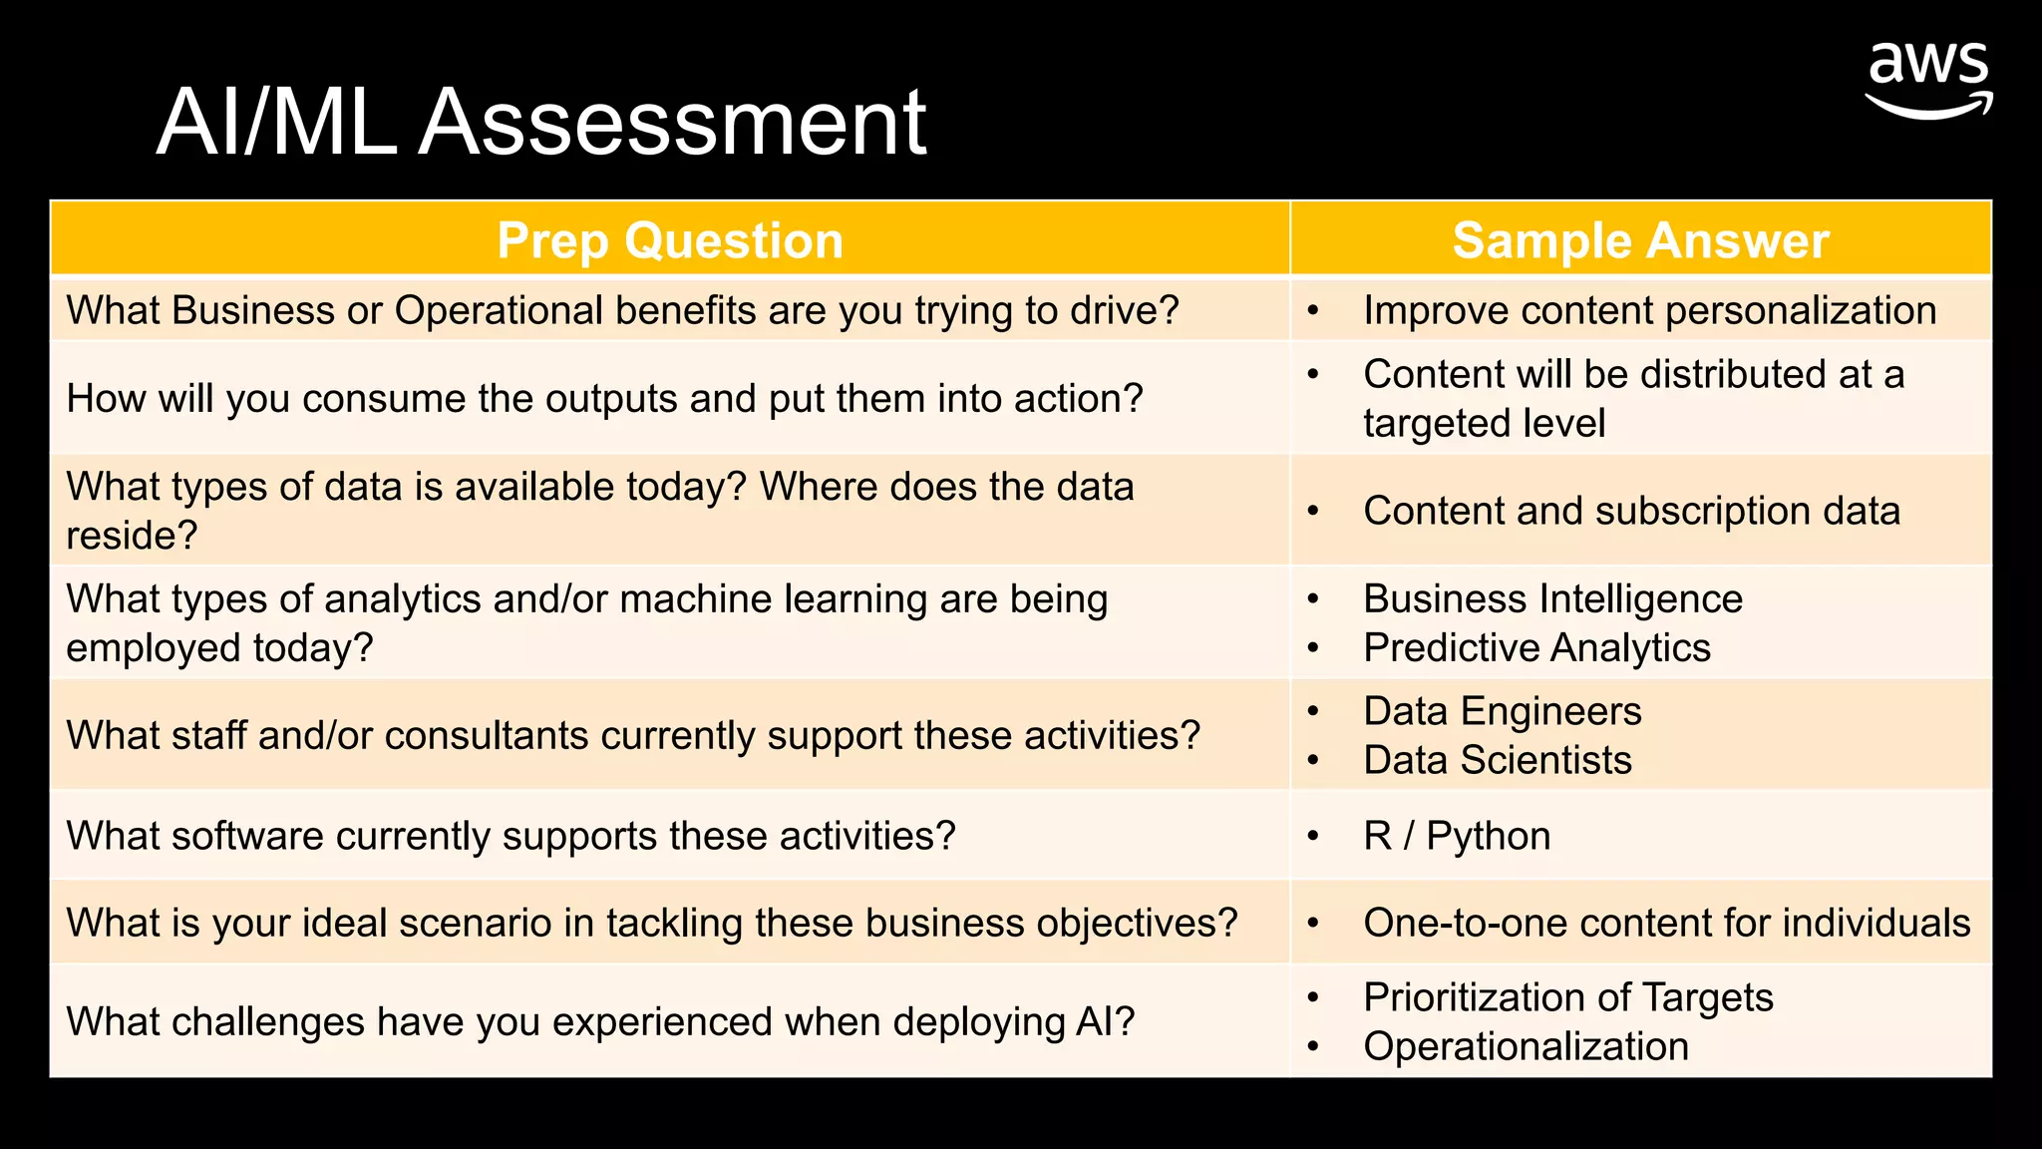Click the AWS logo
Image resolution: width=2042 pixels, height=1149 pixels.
[x=1928, y=80]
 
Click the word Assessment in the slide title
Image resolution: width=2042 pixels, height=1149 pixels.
[x=672, y=123]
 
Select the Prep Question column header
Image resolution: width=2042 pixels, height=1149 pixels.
[x=670, y=240]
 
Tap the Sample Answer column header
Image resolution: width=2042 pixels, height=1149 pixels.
[x=1640, y=240]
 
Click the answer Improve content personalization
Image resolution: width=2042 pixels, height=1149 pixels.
[x=1649, y=311]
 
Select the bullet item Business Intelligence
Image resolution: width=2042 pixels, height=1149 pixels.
[x=1552, y=599]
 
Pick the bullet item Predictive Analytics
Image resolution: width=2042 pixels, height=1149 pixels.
[x=1536, y=648]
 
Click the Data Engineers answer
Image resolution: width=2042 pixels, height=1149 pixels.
[x=1502, y=712]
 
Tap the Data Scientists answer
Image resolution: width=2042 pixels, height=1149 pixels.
[x=1497, y=761]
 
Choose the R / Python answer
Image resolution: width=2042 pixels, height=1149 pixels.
[x=1457, y=836]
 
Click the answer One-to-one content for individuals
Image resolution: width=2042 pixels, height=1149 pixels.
[x=1666, y=924]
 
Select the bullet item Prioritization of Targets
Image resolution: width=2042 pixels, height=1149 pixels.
[x=1567, y=997]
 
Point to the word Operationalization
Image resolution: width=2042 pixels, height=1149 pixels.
[x=1526, y=1047]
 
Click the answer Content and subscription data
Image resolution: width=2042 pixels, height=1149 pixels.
[x=1631, y=512]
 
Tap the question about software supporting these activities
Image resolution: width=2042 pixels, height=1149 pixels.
[x=510, y=836]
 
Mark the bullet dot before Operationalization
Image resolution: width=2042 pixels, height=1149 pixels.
[x=1313, y=1047]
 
